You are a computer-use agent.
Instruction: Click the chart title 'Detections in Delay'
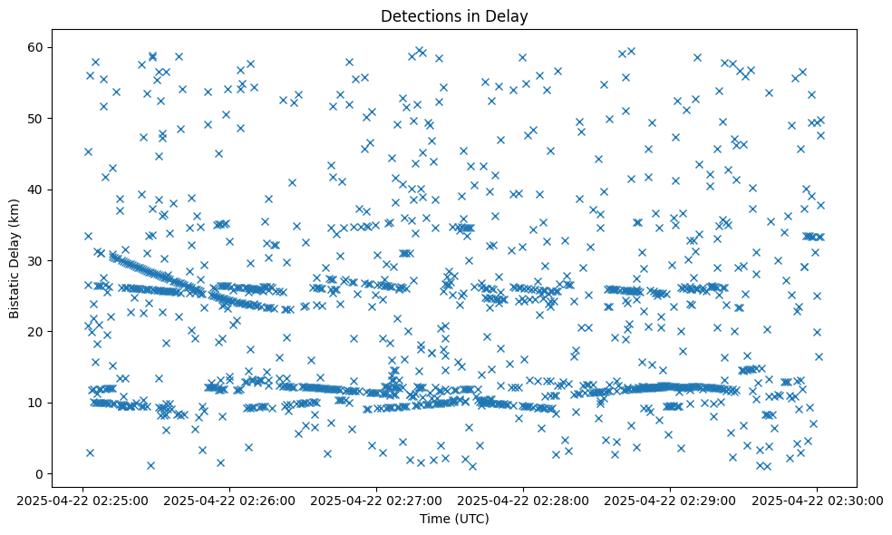point(454,15)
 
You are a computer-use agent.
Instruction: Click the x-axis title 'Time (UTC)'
point(454,519)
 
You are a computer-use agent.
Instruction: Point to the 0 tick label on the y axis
point(39,473)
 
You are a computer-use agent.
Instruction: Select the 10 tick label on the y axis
point(35,403)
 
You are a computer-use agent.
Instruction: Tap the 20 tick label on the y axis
point(35,332)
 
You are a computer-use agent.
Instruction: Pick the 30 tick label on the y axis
point(35,260)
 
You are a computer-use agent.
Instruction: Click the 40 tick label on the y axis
point(35,190)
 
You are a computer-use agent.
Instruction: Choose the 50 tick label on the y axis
point(35,119)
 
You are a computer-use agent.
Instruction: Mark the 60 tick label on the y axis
point(35,47)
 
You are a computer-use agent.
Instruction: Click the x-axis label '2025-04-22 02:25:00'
point(83,500)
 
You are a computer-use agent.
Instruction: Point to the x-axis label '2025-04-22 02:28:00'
point(524,500)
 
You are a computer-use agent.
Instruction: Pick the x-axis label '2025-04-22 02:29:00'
point(671,500)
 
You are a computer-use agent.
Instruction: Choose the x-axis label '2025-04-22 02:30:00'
point(818,500)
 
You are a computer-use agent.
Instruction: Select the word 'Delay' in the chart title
point(509,15)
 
